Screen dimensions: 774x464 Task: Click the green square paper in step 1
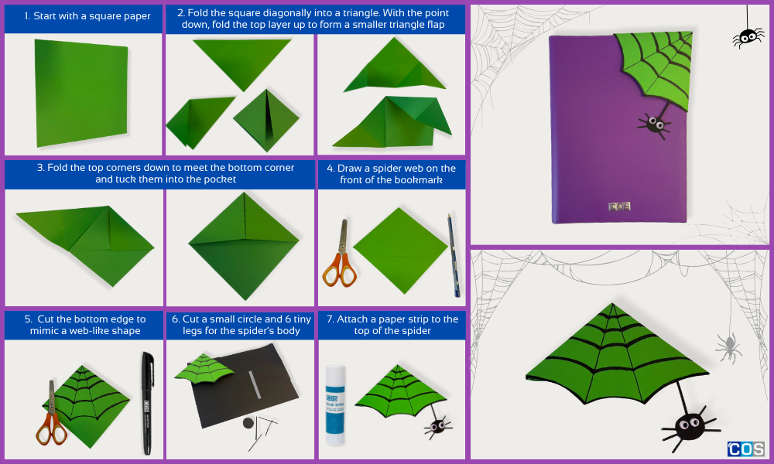pos(81,93)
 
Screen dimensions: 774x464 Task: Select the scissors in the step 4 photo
pos(340,254)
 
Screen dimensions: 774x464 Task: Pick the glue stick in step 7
pos(334,405)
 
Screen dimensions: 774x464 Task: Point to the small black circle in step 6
pos(248,423)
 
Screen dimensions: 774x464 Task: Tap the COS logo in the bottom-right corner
pos(746,449)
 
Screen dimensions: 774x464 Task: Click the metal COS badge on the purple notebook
pos(619,206)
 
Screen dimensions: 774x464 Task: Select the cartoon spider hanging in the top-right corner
pos(748,37)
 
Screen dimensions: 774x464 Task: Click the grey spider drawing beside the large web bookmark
pos(728,347)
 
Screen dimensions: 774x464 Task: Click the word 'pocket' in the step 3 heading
pos(221,179)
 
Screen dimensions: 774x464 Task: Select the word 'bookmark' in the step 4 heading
pos(418,180)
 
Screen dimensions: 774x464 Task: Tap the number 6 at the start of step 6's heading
pos(175,319)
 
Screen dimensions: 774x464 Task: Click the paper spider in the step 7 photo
pos(438,426)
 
